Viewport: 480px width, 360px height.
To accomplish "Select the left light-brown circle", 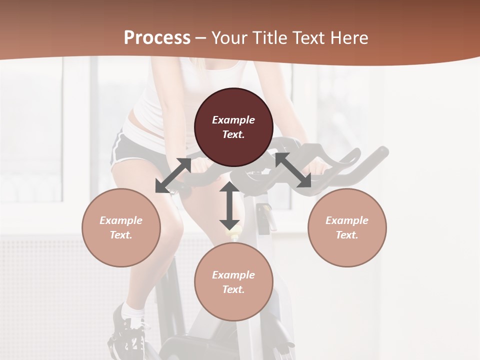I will [x=121, y=227].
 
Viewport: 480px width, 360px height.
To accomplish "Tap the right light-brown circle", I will [x=347, y=227].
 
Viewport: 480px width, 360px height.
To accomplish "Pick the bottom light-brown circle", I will [x=233, y=281].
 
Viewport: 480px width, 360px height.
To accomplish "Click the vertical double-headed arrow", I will [x=229, y=205].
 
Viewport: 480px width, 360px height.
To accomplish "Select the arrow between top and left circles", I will [x=173, y=175].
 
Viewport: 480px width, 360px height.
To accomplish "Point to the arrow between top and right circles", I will [x=293, y=170].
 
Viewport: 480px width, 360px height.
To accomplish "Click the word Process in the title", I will [x=157, y=38].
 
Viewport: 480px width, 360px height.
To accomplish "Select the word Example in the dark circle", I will [x=233, y=120].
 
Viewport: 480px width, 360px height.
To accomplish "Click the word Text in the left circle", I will [x=121, y=235].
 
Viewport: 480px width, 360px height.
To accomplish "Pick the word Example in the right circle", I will [x=347, y=220].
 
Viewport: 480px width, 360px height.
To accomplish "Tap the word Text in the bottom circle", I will [x=233, y=289].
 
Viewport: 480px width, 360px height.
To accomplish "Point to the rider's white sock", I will [x=132, y=311].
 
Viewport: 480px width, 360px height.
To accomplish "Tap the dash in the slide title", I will [x=201, y=38].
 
